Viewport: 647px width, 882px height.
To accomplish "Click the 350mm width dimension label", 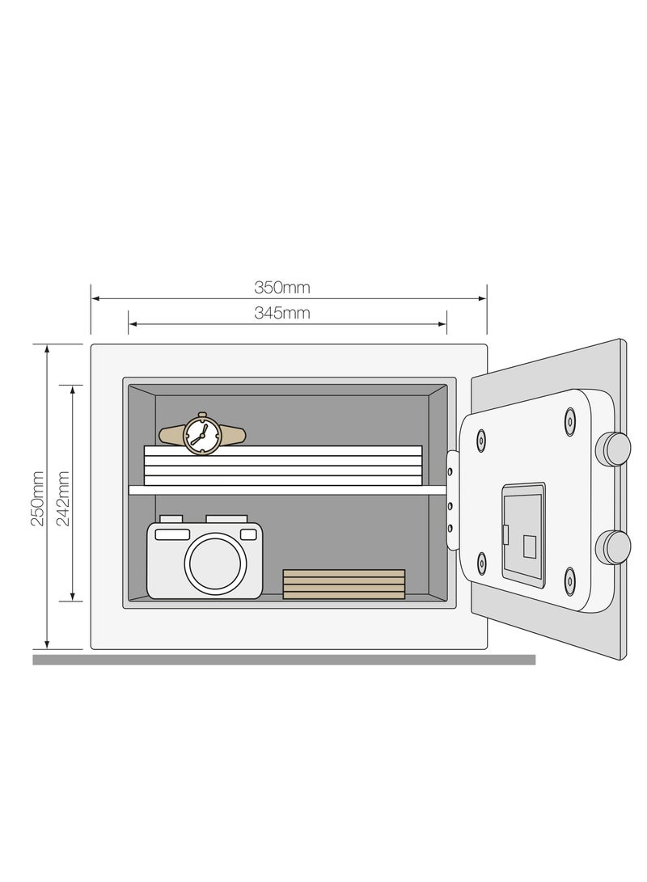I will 281,287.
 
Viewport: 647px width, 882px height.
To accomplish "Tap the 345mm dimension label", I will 281,313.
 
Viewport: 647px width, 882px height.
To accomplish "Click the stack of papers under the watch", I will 283,466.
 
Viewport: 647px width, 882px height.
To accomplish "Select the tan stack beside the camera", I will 344,584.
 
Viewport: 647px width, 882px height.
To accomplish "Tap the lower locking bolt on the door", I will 613,547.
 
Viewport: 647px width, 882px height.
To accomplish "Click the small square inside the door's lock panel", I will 529,547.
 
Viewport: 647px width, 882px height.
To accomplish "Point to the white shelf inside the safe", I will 287,490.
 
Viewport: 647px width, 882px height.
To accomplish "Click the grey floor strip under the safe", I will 283,660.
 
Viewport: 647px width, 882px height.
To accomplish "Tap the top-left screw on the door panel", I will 482,440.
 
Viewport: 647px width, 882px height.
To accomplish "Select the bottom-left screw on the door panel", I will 482,561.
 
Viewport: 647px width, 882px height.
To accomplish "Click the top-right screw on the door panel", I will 571,420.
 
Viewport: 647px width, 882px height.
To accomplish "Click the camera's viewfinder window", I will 172,534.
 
